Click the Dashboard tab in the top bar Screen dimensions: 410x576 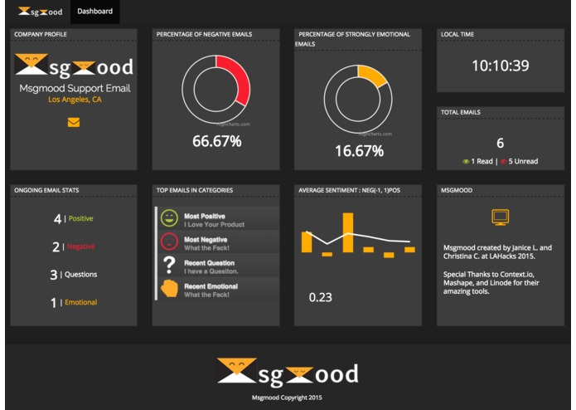tap(94, 12)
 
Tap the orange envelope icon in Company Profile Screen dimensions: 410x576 tap(74, 123)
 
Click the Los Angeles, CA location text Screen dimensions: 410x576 tap(75, 100)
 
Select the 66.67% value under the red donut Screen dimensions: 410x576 tap(217, 141)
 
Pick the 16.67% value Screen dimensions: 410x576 tap(359, 151)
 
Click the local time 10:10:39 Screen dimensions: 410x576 tap(500, 66)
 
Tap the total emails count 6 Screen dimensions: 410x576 tap(500, 143)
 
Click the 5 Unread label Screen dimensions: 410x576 tap(519, 161)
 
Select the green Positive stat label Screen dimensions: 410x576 tap(80, 219)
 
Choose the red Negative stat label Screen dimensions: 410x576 tap(80, 246)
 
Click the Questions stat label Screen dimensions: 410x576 tap(81, 275)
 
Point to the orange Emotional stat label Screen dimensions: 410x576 tap(80, 303)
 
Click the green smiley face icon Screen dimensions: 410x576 tap(169, 219)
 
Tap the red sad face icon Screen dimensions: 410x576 tap(169, 242)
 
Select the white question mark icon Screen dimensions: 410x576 tap(169, 266)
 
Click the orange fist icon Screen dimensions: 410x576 tap(169, 289)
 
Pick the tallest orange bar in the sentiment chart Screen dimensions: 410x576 tap(348, 233)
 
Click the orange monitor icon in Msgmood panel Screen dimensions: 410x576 tap(500, 217)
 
